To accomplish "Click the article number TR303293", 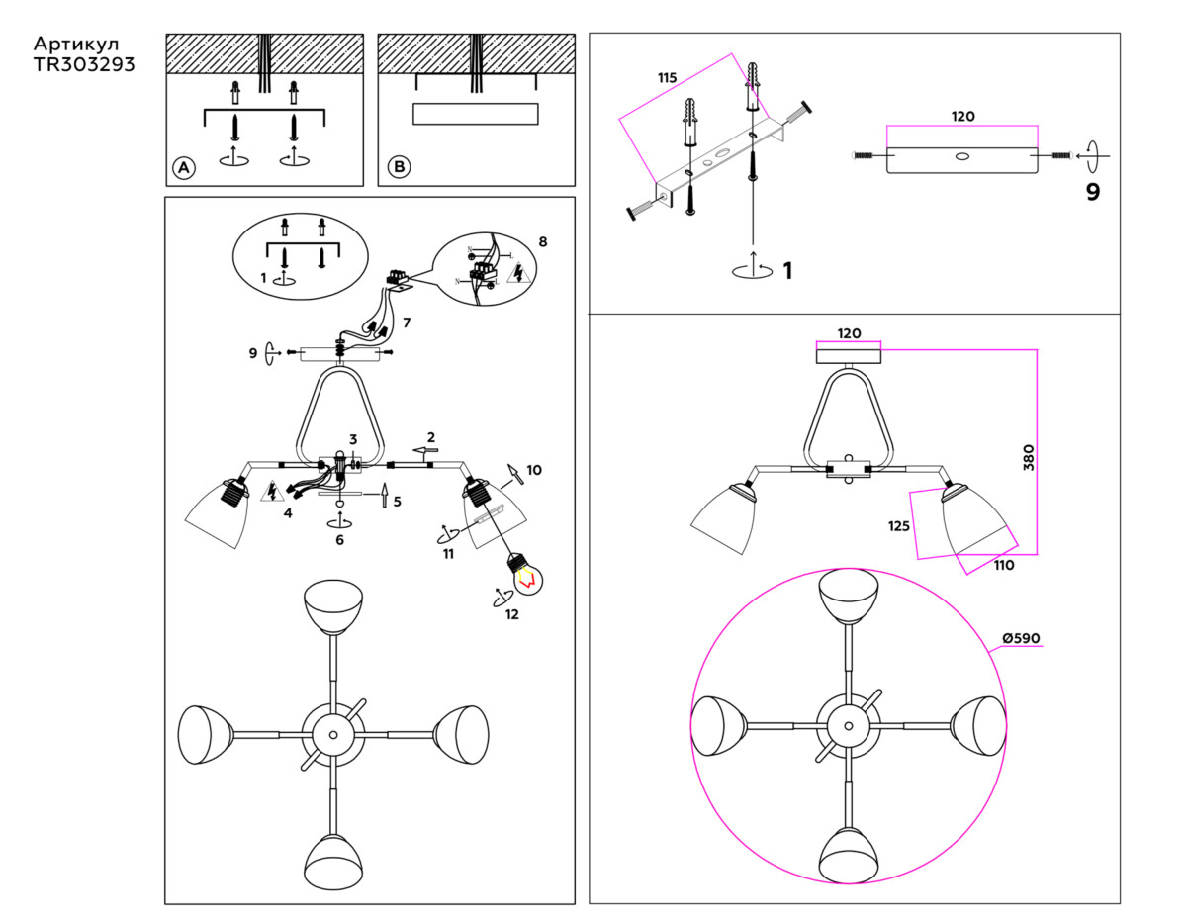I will (84, 65).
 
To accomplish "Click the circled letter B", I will (398, 167).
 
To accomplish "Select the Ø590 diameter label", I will (1020, 638).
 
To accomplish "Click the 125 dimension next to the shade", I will (898, 526).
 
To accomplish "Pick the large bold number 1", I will (787, 270).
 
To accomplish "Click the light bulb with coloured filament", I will (525, 575).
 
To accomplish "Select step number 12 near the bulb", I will (511, 613).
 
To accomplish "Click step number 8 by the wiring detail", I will (543, 241).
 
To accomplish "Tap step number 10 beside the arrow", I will (535, 469).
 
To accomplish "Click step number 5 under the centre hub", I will (397, 502).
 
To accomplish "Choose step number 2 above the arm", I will (431, 436).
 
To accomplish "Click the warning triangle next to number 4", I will (269, 491).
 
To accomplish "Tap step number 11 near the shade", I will (448, 554).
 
